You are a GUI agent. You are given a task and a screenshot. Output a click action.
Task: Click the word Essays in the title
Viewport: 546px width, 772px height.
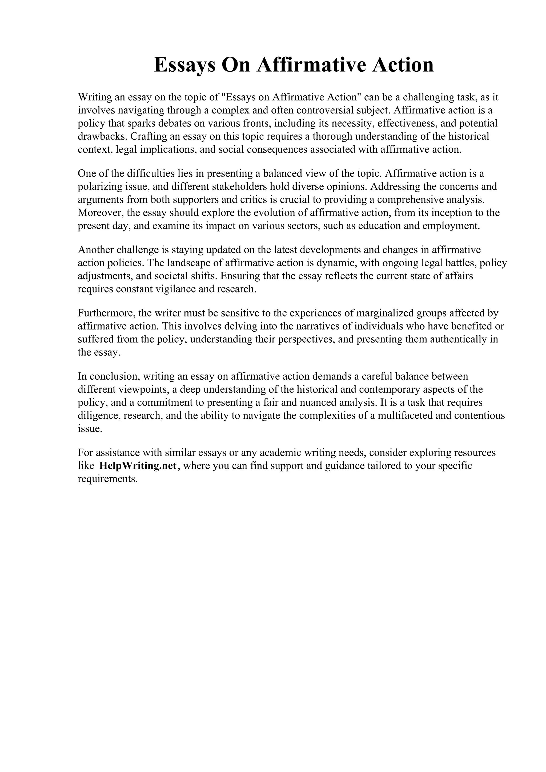click(184, 65)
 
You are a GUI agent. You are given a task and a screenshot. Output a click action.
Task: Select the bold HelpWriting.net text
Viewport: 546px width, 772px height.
click(138, 466)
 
